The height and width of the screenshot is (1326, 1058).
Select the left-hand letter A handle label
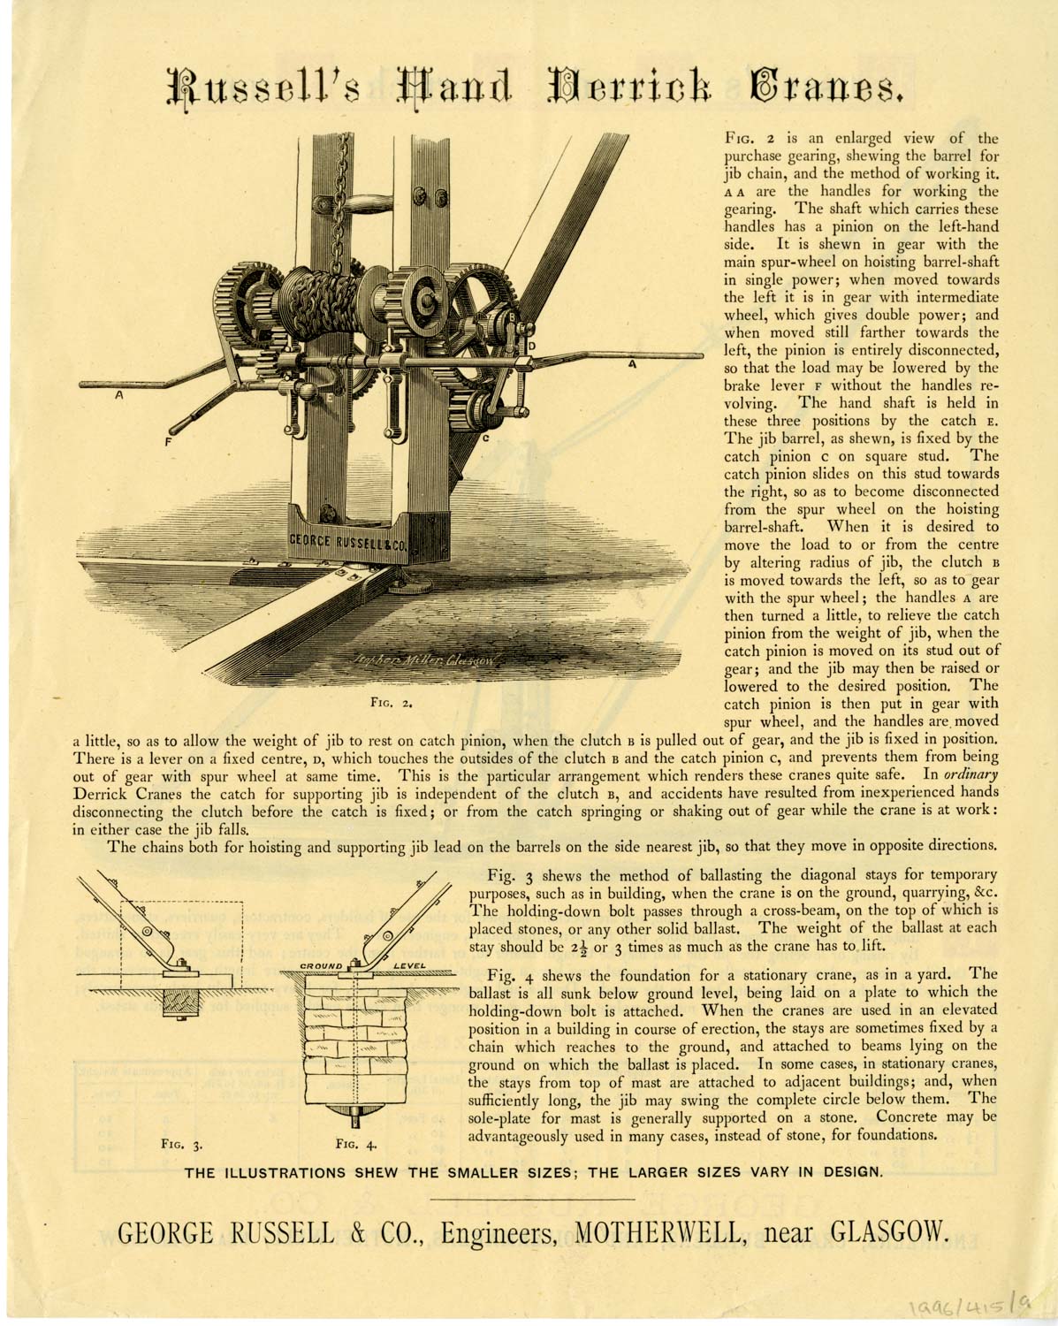coord(117,398)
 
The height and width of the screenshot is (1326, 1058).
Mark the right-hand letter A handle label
coord(632,363)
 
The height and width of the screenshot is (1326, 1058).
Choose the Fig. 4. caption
coord(357,1143)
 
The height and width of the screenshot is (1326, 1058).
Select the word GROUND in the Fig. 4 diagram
coord(321,965)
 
